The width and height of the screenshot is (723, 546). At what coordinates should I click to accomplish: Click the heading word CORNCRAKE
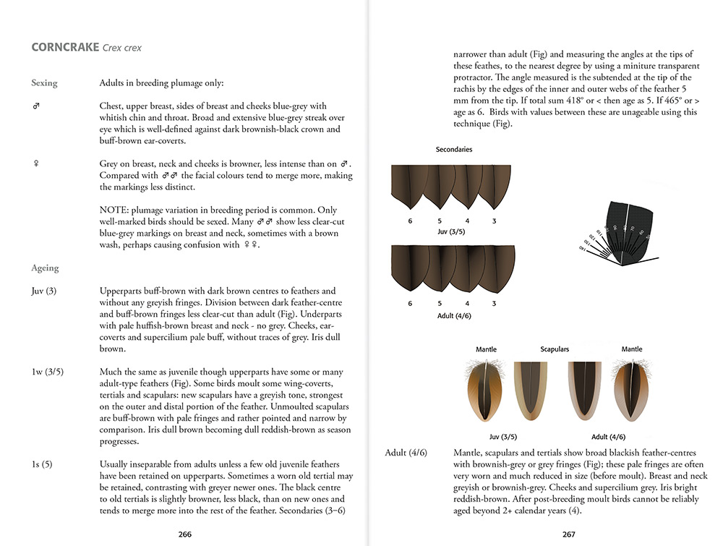pos(64,48)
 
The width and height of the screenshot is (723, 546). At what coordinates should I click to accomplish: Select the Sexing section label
pos(44,83)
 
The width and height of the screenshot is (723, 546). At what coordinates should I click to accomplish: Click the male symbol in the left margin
pos(36,106)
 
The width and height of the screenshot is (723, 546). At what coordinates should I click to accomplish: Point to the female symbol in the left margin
pos(35,164)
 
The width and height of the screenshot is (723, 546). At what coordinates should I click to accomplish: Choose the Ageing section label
pos(45,268)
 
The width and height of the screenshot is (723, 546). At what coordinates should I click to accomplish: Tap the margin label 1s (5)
pos(43,464)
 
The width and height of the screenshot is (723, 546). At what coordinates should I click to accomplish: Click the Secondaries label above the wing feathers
pos(454,150)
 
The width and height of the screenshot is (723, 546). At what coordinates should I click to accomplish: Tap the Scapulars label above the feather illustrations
pos(555,349)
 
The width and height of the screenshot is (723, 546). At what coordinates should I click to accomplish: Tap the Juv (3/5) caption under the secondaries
pos(453,232)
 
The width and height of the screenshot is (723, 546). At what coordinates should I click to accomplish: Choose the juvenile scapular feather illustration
pos(526,391)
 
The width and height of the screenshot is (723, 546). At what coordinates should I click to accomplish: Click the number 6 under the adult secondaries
pos(410,304)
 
